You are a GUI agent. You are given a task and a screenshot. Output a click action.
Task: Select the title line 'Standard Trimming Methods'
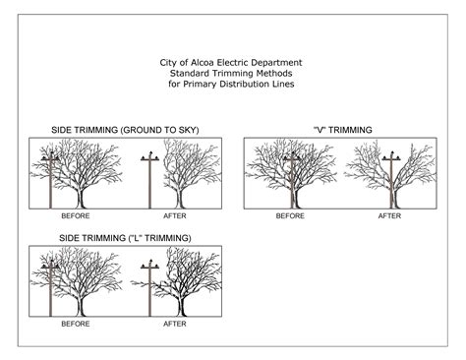pos(231,73)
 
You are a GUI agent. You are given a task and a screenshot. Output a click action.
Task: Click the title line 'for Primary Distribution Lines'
pos(231,84)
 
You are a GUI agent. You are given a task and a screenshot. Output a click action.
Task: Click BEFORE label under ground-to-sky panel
pos(76,214)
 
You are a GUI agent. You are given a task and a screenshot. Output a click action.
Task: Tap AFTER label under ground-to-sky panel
pos(175,214)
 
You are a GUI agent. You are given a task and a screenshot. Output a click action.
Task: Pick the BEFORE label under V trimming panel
pos(290,214)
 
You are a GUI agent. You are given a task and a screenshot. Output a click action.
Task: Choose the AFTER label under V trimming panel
pos(389,214)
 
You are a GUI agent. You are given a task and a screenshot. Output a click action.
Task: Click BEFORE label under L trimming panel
pos(76,323)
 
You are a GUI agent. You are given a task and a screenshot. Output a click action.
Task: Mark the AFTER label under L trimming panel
pos(175,323)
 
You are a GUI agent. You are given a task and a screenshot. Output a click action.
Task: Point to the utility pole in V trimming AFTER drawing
pos(390,187)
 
